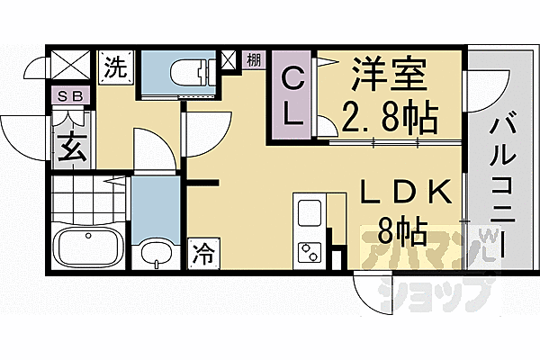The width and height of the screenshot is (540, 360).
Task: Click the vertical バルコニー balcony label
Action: [499, 180]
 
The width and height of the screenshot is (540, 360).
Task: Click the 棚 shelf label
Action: [254, 61]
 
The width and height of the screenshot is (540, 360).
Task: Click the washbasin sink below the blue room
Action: [157, 254]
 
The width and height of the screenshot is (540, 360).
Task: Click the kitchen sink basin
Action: [309, 215]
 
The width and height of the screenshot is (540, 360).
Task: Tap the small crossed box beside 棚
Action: [229, 60]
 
